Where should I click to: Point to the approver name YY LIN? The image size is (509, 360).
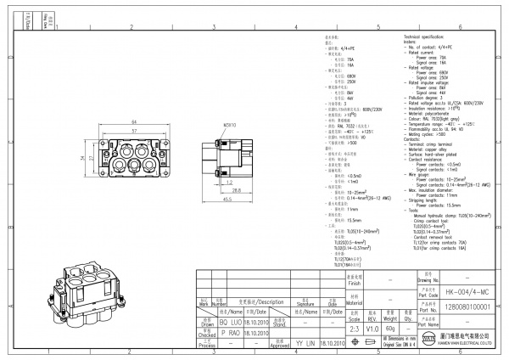click(305, 346)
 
